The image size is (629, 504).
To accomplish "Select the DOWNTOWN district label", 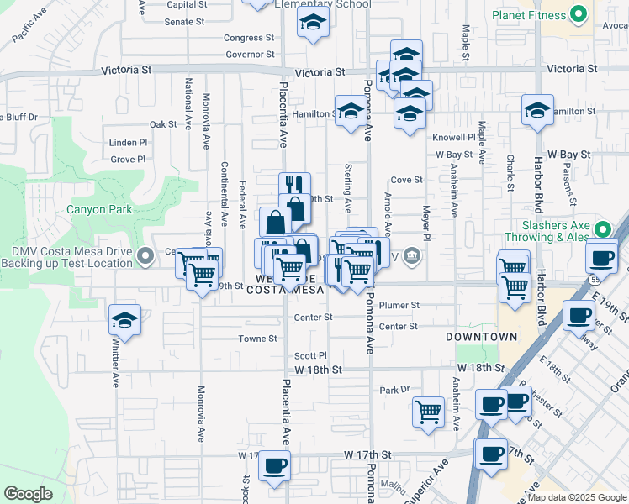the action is pos(481,337).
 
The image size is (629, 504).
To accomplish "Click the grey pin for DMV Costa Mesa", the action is pos(145,254).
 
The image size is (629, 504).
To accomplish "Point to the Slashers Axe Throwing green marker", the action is pos(603,228).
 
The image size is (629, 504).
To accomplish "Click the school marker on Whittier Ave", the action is pos(124,321).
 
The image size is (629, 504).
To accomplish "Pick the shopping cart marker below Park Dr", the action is pos(429,412).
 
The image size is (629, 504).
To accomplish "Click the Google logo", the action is pos(28,494).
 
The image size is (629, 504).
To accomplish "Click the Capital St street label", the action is pos(187,4).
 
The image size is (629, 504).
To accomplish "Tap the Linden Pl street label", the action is pos(128,143).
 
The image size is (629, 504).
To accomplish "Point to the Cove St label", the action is pos(406,180).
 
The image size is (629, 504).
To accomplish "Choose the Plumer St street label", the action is pos(399,306).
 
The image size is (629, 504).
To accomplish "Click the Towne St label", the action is pos(258,339).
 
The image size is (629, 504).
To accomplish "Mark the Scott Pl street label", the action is pos(310,356).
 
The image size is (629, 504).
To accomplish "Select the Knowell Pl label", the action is pos(454,137).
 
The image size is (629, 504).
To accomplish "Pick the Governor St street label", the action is pos(250,55).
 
